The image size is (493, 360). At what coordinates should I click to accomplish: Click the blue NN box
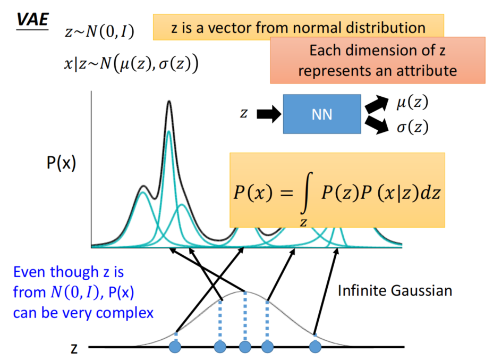click(322, 114)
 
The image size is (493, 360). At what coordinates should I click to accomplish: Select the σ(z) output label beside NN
click(412, 127)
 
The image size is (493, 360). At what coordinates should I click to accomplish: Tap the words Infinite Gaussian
click(395, 290)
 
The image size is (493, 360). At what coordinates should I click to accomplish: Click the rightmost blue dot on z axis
click(316, 347)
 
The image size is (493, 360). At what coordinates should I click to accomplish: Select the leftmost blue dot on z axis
click(175, 347)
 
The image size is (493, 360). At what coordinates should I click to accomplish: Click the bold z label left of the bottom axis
click(75, 348)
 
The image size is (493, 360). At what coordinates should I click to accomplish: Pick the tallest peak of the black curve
click(169, 102)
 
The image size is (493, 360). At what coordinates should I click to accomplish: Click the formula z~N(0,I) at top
click(99, 32)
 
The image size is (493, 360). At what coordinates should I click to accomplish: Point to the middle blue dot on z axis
click(245, 347)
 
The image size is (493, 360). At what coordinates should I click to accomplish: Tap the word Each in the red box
click(324, 52)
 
